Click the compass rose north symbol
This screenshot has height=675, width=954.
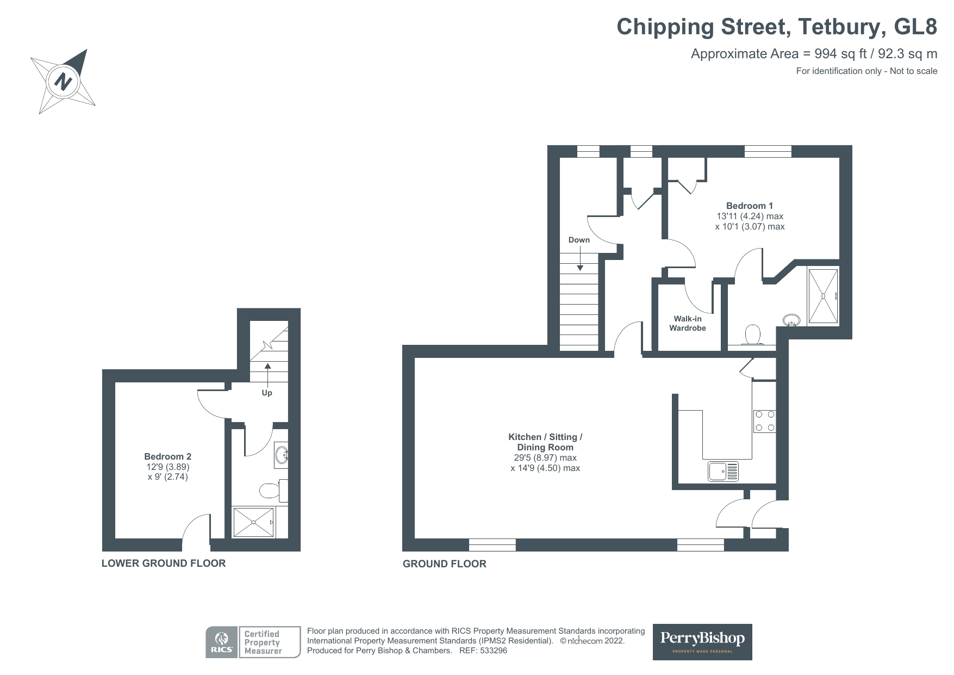tap(64, 82)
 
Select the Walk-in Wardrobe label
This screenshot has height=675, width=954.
tap(688, 324)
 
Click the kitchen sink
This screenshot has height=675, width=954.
tap(724, 472)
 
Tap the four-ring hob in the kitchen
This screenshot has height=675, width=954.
tap(764, 421)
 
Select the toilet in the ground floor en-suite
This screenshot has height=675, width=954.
tap(752, 335)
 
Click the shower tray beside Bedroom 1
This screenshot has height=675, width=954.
tap(823, 296)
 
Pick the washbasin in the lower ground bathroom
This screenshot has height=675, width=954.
tap(282, 455)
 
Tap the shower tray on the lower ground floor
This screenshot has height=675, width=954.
tap(254, 522)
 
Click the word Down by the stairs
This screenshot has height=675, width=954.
tap(579, 240)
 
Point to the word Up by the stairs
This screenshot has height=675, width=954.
tap(267, 393)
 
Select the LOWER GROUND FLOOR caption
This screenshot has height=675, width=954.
tap(164, 563)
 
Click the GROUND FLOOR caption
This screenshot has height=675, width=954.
tap(445, 564)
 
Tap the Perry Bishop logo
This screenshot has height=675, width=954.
tap(702, 642)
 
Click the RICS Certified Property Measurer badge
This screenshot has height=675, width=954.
tap(253, 642)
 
